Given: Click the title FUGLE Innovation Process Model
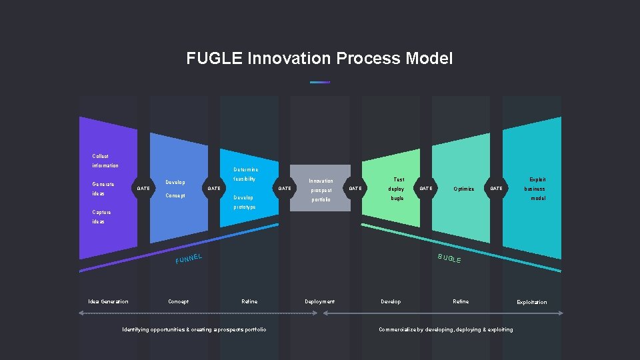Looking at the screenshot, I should click(x=319, y=59).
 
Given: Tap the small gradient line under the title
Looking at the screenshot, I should click(x=320, y=82).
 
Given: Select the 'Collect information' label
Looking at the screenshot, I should click(x=105, y=161).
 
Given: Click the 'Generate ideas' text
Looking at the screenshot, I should click(x=103, y=189).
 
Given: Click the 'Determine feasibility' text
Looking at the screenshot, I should click(x=245, y=175).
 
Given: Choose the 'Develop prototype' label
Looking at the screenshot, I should click(x=244, y=202).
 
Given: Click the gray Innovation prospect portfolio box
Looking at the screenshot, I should click(x=321, y=189).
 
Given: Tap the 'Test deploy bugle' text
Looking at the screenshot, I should click(x=397, y=189).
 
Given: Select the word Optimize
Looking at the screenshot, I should click(x=463, y=189).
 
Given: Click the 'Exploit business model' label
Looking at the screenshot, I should click(x=535, y=189).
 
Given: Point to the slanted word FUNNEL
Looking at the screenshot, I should click(x=189, y=257).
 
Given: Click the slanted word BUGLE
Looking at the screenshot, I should click(x=449, y=258).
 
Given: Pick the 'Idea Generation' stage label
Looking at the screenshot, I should click(x=108, y=301).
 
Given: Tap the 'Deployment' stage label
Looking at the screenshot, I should click(x=319, y=301).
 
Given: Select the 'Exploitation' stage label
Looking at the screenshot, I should click(x=531, y=302).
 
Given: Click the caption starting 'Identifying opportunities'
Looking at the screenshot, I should click(x=194, y=329).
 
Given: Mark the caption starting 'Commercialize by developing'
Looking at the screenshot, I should click(x=445, y=329).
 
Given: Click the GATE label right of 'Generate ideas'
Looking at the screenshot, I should click(x=143, y=189).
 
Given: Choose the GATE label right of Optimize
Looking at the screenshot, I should click(x=497, y=189).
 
